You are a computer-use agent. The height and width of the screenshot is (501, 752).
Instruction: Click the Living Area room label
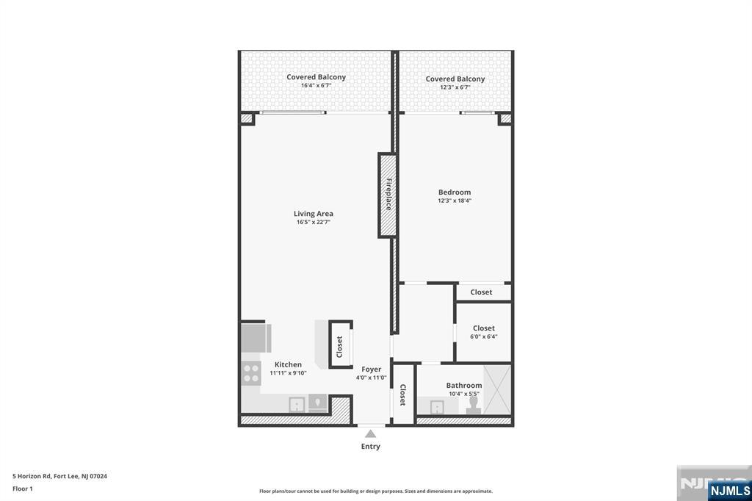(x=313, y=214)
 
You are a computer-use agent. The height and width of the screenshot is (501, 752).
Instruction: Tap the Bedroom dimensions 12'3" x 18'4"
(x=455, y=201)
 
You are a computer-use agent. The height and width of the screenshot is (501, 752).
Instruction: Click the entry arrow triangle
(x=370, y=434)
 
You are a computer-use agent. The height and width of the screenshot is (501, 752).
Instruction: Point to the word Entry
(x=370, y=447)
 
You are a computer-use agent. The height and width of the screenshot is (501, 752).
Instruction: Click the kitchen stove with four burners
(x=251, y=374)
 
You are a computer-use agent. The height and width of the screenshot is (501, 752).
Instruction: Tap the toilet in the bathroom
(x=474, y=404)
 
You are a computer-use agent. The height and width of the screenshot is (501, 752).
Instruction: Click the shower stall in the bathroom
(x=497, y=389)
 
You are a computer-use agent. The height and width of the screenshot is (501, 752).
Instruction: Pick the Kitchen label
(x=288, y=364)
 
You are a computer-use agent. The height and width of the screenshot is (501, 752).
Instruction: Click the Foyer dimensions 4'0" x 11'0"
(x=371, y=378)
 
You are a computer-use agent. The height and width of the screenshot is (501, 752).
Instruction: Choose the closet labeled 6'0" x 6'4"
(x=483, y=332)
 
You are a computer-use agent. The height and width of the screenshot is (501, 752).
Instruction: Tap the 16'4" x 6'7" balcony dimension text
(x=316, y=85)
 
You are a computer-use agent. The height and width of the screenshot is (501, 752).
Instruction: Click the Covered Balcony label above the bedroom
(x=455, y=79)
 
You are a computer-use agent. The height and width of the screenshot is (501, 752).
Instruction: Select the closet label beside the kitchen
(x=339, y=347)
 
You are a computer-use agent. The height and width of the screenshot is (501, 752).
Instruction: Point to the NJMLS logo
(x=729, y=490)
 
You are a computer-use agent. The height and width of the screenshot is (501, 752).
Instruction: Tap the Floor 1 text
(x=23, y=489)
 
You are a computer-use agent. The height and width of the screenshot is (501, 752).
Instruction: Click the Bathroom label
(x=464, y=386)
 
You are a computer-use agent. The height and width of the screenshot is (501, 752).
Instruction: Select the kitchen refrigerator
(x=256, y=339)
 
